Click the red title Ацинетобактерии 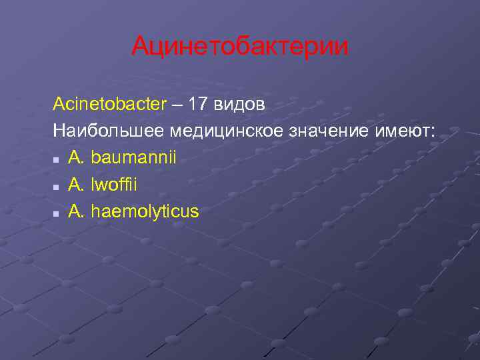click(239, 46)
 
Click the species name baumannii click(134, 158)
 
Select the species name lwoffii click(114, 185)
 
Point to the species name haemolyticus click(145, 212)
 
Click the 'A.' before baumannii click(76, 158)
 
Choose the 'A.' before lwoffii click(76, 185)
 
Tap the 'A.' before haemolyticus click(76, 212)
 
